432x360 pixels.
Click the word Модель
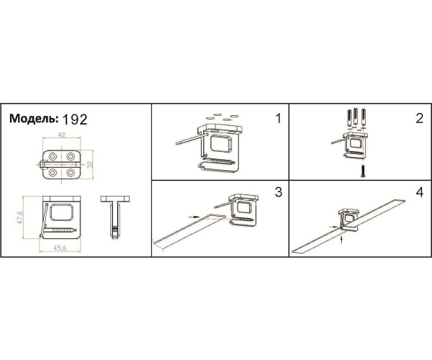coord(34,118)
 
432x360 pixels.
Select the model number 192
coord(75,120)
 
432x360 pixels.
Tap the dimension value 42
coord(62,135)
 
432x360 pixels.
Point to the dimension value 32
coord(90,164)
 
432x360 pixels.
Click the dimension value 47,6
coord(20,217)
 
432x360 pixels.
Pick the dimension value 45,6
coord(60,248)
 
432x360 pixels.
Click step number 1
coord(279,118)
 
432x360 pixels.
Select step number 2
coord(419,118)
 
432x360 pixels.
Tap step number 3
coord(279,192)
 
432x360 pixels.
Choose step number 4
coord(419,192)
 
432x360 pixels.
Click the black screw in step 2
coord(363,171)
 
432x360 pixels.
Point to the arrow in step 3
coord(194,217)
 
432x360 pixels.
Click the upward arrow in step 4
coord(342,238)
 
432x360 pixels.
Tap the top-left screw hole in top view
coord(53,156)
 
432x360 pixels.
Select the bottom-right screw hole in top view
coord(71,173)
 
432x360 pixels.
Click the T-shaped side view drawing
coord(115,217)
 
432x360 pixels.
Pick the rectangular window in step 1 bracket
coord(221,143)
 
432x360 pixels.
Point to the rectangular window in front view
coord(62,212)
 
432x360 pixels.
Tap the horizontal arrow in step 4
coord(334,226)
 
